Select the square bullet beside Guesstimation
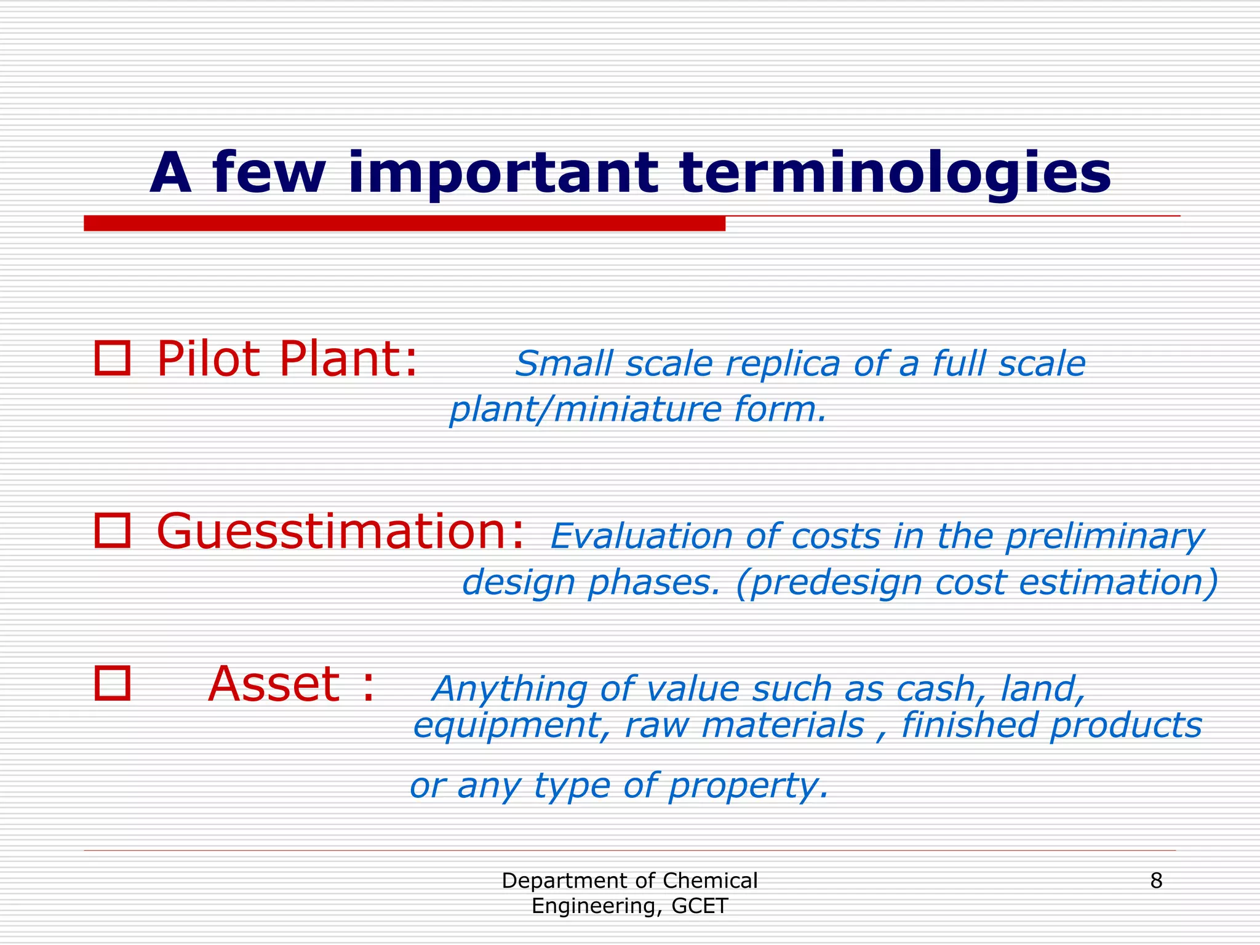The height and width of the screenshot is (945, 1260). [113, 531]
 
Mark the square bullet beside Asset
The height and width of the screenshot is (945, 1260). [113, 683]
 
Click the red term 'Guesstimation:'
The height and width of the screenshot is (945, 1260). [341, 531]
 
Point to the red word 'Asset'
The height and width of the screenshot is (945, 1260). [274, 684]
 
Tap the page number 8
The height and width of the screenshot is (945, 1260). [1156, 881]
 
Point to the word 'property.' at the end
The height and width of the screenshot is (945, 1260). [748, 786]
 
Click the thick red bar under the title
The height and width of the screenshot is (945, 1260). [404, 223]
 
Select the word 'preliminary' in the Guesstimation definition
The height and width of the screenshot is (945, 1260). [1104, 538]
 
